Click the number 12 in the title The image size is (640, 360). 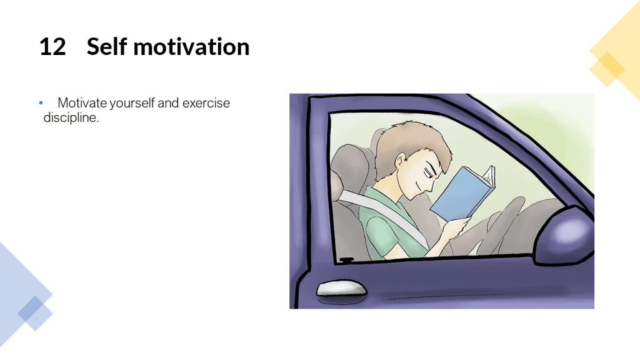click(52, 46)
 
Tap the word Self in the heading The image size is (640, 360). click(107, 46)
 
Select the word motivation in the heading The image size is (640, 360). click(191, 46)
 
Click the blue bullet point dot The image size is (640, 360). click(41, 103)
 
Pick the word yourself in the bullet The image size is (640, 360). click(132, 103)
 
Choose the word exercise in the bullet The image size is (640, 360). click(206, 103)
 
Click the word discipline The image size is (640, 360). click(71, 117)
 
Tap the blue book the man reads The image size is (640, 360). click(462, 192)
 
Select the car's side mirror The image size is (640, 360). click(565, 235)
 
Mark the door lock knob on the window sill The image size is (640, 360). click(346, 259)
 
